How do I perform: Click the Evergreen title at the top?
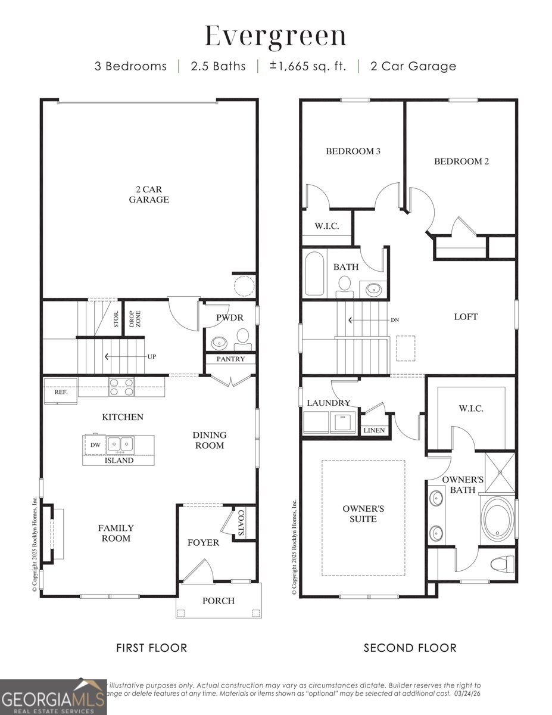pyautogui.click(x=276, y=36)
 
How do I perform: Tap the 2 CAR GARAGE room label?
pyautogui.click(x=149, y=194)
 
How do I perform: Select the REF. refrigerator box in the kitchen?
pyautogui.click(x=61, y=392)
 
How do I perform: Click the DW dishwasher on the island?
pyautogui.click(x=95, y=444)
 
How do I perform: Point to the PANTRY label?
pyautogui.click(x=230, y=359)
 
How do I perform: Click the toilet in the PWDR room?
pyautogui.click(x=242, y=340)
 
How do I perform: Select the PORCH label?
pyautogui.click(x=219, y=601)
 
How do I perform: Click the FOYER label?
pyautogui.click(x=203, y=543)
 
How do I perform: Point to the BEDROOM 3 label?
pyautogui.click(x=353, y=151)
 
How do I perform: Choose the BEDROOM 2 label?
pyautogui.click(x=461, y=161)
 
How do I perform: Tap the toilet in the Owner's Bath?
pyautogui.click(x=504, y=563)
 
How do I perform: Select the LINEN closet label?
pyautogui.click(x=373, y=430)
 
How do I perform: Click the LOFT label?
pyautogui.click(x=466, y=317)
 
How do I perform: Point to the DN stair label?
pyautogui.click(x=395, y=320)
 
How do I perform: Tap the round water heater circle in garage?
pyautogui.click(x=244, y=286)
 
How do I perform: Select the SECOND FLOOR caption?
pyautogui.click(x=410, y=648)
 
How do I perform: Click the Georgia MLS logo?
pyautogui.click(x=52, y=698)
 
